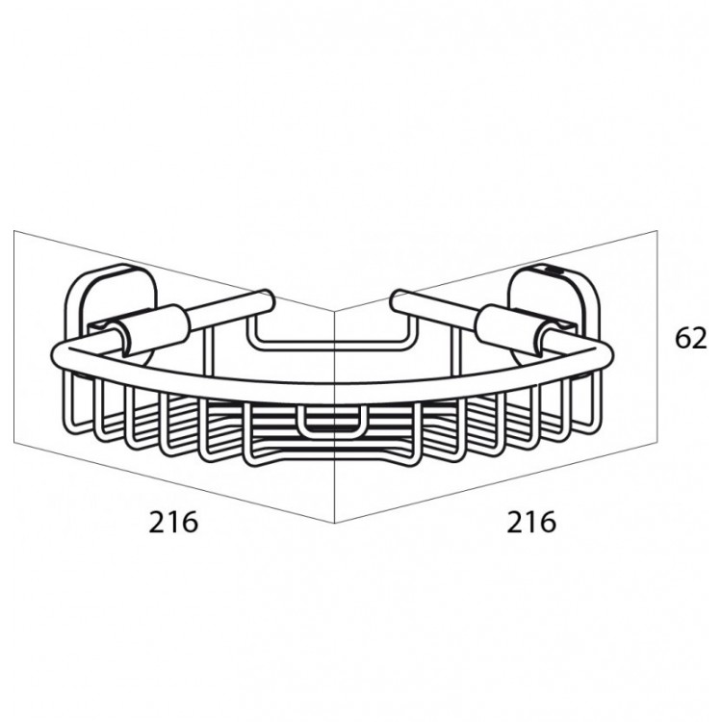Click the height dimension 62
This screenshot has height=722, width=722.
point(690,339)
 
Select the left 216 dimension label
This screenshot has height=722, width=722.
point(173,522)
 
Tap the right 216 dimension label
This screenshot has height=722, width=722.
point(530,522)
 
